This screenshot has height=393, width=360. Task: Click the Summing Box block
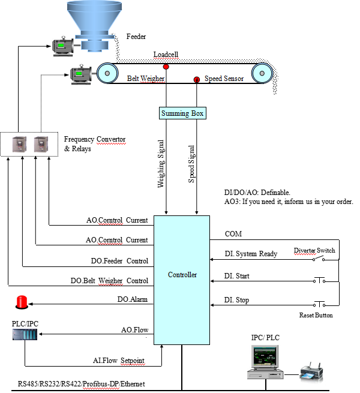click(x=182, y=113)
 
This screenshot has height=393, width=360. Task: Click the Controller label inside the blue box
click(x=182, y=275)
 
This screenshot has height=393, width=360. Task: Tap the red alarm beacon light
click(x=23, y=302)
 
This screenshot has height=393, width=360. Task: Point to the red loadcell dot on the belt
click(x=166, y=66)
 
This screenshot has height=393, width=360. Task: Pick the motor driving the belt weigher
click(x=80, y=74)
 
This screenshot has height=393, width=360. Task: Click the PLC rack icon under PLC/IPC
click(x=24, y=334)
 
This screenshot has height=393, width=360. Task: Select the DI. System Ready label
click(x=251, y=254)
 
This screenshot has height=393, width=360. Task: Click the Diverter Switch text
click(x=314, y=250)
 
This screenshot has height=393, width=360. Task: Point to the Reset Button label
click(x=316, y=315)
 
